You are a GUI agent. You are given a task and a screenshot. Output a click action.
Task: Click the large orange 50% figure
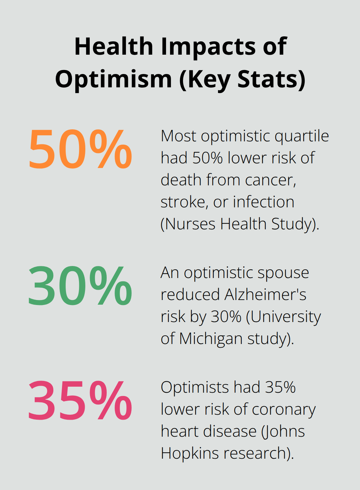(x=80, y=149)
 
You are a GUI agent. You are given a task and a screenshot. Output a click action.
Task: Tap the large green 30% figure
(x=80, y=286)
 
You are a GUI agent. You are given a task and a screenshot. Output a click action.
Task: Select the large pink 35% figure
(x=80, y=400)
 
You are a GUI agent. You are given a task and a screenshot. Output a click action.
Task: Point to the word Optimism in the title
(x=114, y=79)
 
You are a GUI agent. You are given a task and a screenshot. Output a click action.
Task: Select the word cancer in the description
(x=270, y=180)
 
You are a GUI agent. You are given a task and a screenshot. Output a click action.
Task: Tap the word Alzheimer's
(x=265, y=295)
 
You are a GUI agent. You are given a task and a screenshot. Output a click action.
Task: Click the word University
(x=286, y=317)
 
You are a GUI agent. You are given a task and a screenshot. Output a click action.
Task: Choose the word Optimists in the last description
(x=195, y=387)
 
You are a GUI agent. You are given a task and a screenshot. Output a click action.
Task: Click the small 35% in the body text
(x=280, y=387)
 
